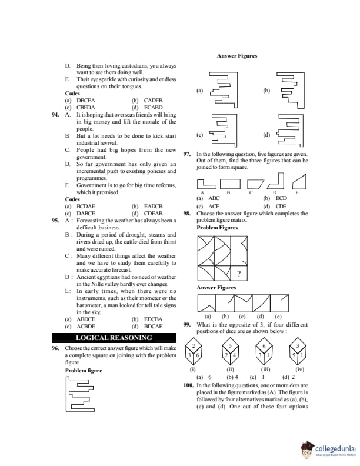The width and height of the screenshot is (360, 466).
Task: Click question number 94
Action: pos(55,115)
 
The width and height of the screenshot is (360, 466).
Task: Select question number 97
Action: pos(187,154)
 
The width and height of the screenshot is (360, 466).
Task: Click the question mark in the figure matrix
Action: pos(238,274)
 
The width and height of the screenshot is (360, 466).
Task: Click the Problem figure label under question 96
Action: pos(84,371)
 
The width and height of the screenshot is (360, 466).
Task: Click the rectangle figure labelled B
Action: pos(229,184)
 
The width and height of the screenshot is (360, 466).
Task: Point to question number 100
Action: pos(188,385)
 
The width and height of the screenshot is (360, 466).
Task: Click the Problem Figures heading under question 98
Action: pos(217,228)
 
